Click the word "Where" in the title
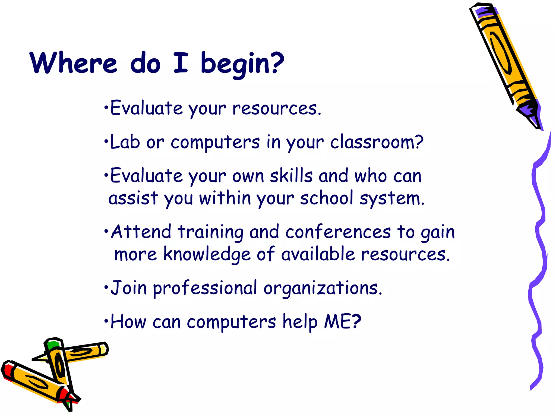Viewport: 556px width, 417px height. click(x=73, y=63)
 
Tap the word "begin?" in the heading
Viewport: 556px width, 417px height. click(x=242, y=64)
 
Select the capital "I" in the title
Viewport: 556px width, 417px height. click(x=181, y=63)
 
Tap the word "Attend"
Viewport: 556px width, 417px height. click(x=141, y=232)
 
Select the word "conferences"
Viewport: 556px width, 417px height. click(x=338, y=232)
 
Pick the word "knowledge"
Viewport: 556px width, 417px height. click(x=207, y=255)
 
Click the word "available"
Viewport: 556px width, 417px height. click(x=318, y=254)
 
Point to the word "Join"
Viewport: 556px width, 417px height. click(x=129, y=288)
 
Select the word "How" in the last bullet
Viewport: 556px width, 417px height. click(x=128, y=321)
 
